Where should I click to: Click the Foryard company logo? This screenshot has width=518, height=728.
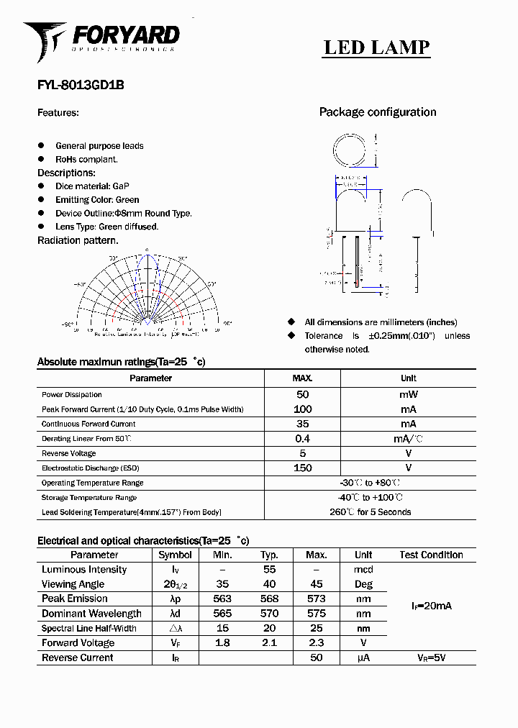pyautogui.click(x=101, y=40)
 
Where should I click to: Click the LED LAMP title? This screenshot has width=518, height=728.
pyautogui.click(x=376, y=47)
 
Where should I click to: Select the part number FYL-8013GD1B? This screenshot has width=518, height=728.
pyautogui.click(x=81, y=84)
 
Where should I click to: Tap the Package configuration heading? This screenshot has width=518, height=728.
pyautogui.click(x=377, y=112)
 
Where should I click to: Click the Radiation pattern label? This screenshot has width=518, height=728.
pyautogui.click(x=78, y=240)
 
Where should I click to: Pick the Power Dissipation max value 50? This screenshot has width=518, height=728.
pyautogui.click(x=302, y=394)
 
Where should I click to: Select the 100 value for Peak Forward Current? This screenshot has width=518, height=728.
pyautogui.click(x=302, y=409)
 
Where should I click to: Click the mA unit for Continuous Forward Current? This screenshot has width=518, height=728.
pyautogui.click(x=408, y=424)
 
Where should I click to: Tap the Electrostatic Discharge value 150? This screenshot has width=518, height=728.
pyautogui.click(x=302, y=468)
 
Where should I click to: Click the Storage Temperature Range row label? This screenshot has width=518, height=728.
pyautogui.click(x=89, y=498)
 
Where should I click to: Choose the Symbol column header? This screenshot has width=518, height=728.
pyautogui.click(x=175, y=555)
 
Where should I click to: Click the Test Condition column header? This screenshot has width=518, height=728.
pyautogui.click(x=431, y=555)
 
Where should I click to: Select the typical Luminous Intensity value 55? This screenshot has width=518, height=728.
pyautogui.click(x=269, y=570)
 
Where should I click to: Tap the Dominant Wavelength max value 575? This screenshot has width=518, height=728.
pyautogui.click(x=316, y=614)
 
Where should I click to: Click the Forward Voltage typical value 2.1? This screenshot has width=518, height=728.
pyautogui.click(x=269, y=643)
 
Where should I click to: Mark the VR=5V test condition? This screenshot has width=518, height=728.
pyautogui.click(x=431, y=658)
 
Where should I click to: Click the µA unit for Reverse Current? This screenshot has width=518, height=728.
pyautogui.click(x=363, y=658)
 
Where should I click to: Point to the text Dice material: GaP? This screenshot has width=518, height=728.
pyautogui.click(x=92, y=186)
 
